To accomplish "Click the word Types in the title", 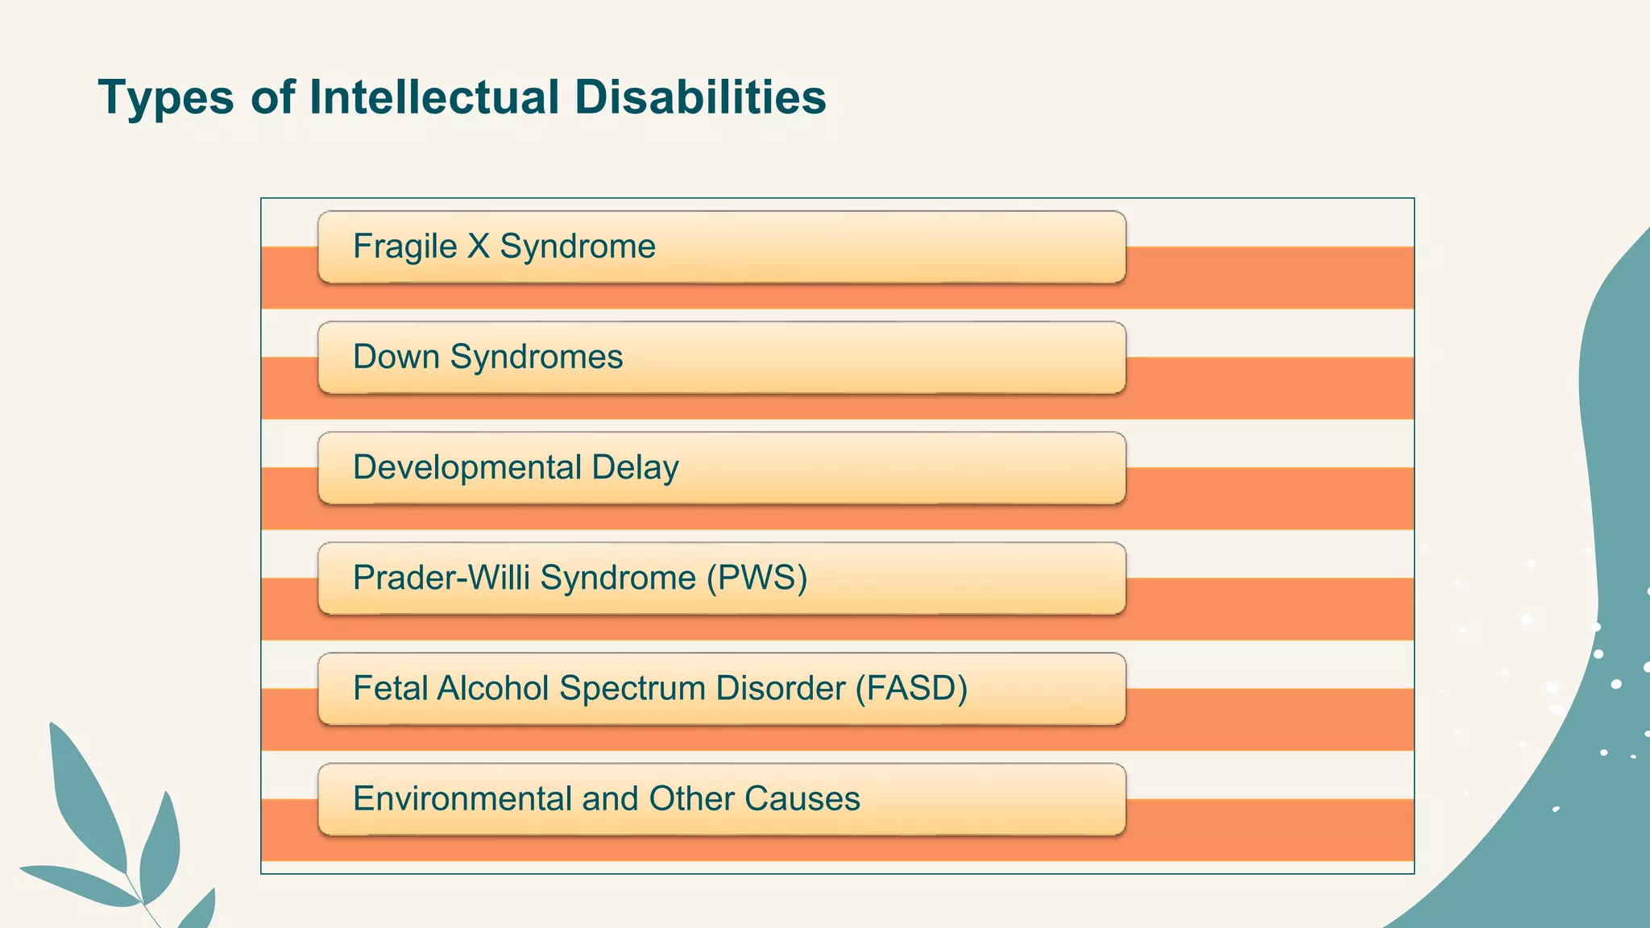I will click(166, 98).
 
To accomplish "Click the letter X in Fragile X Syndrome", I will click(479, 246).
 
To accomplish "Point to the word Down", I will click(396, 357).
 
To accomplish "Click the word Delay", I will click(635, 468).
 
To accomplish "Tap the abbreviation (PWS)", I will click(757, 578).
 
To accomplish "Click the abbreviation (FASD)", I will click(911, 689).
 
